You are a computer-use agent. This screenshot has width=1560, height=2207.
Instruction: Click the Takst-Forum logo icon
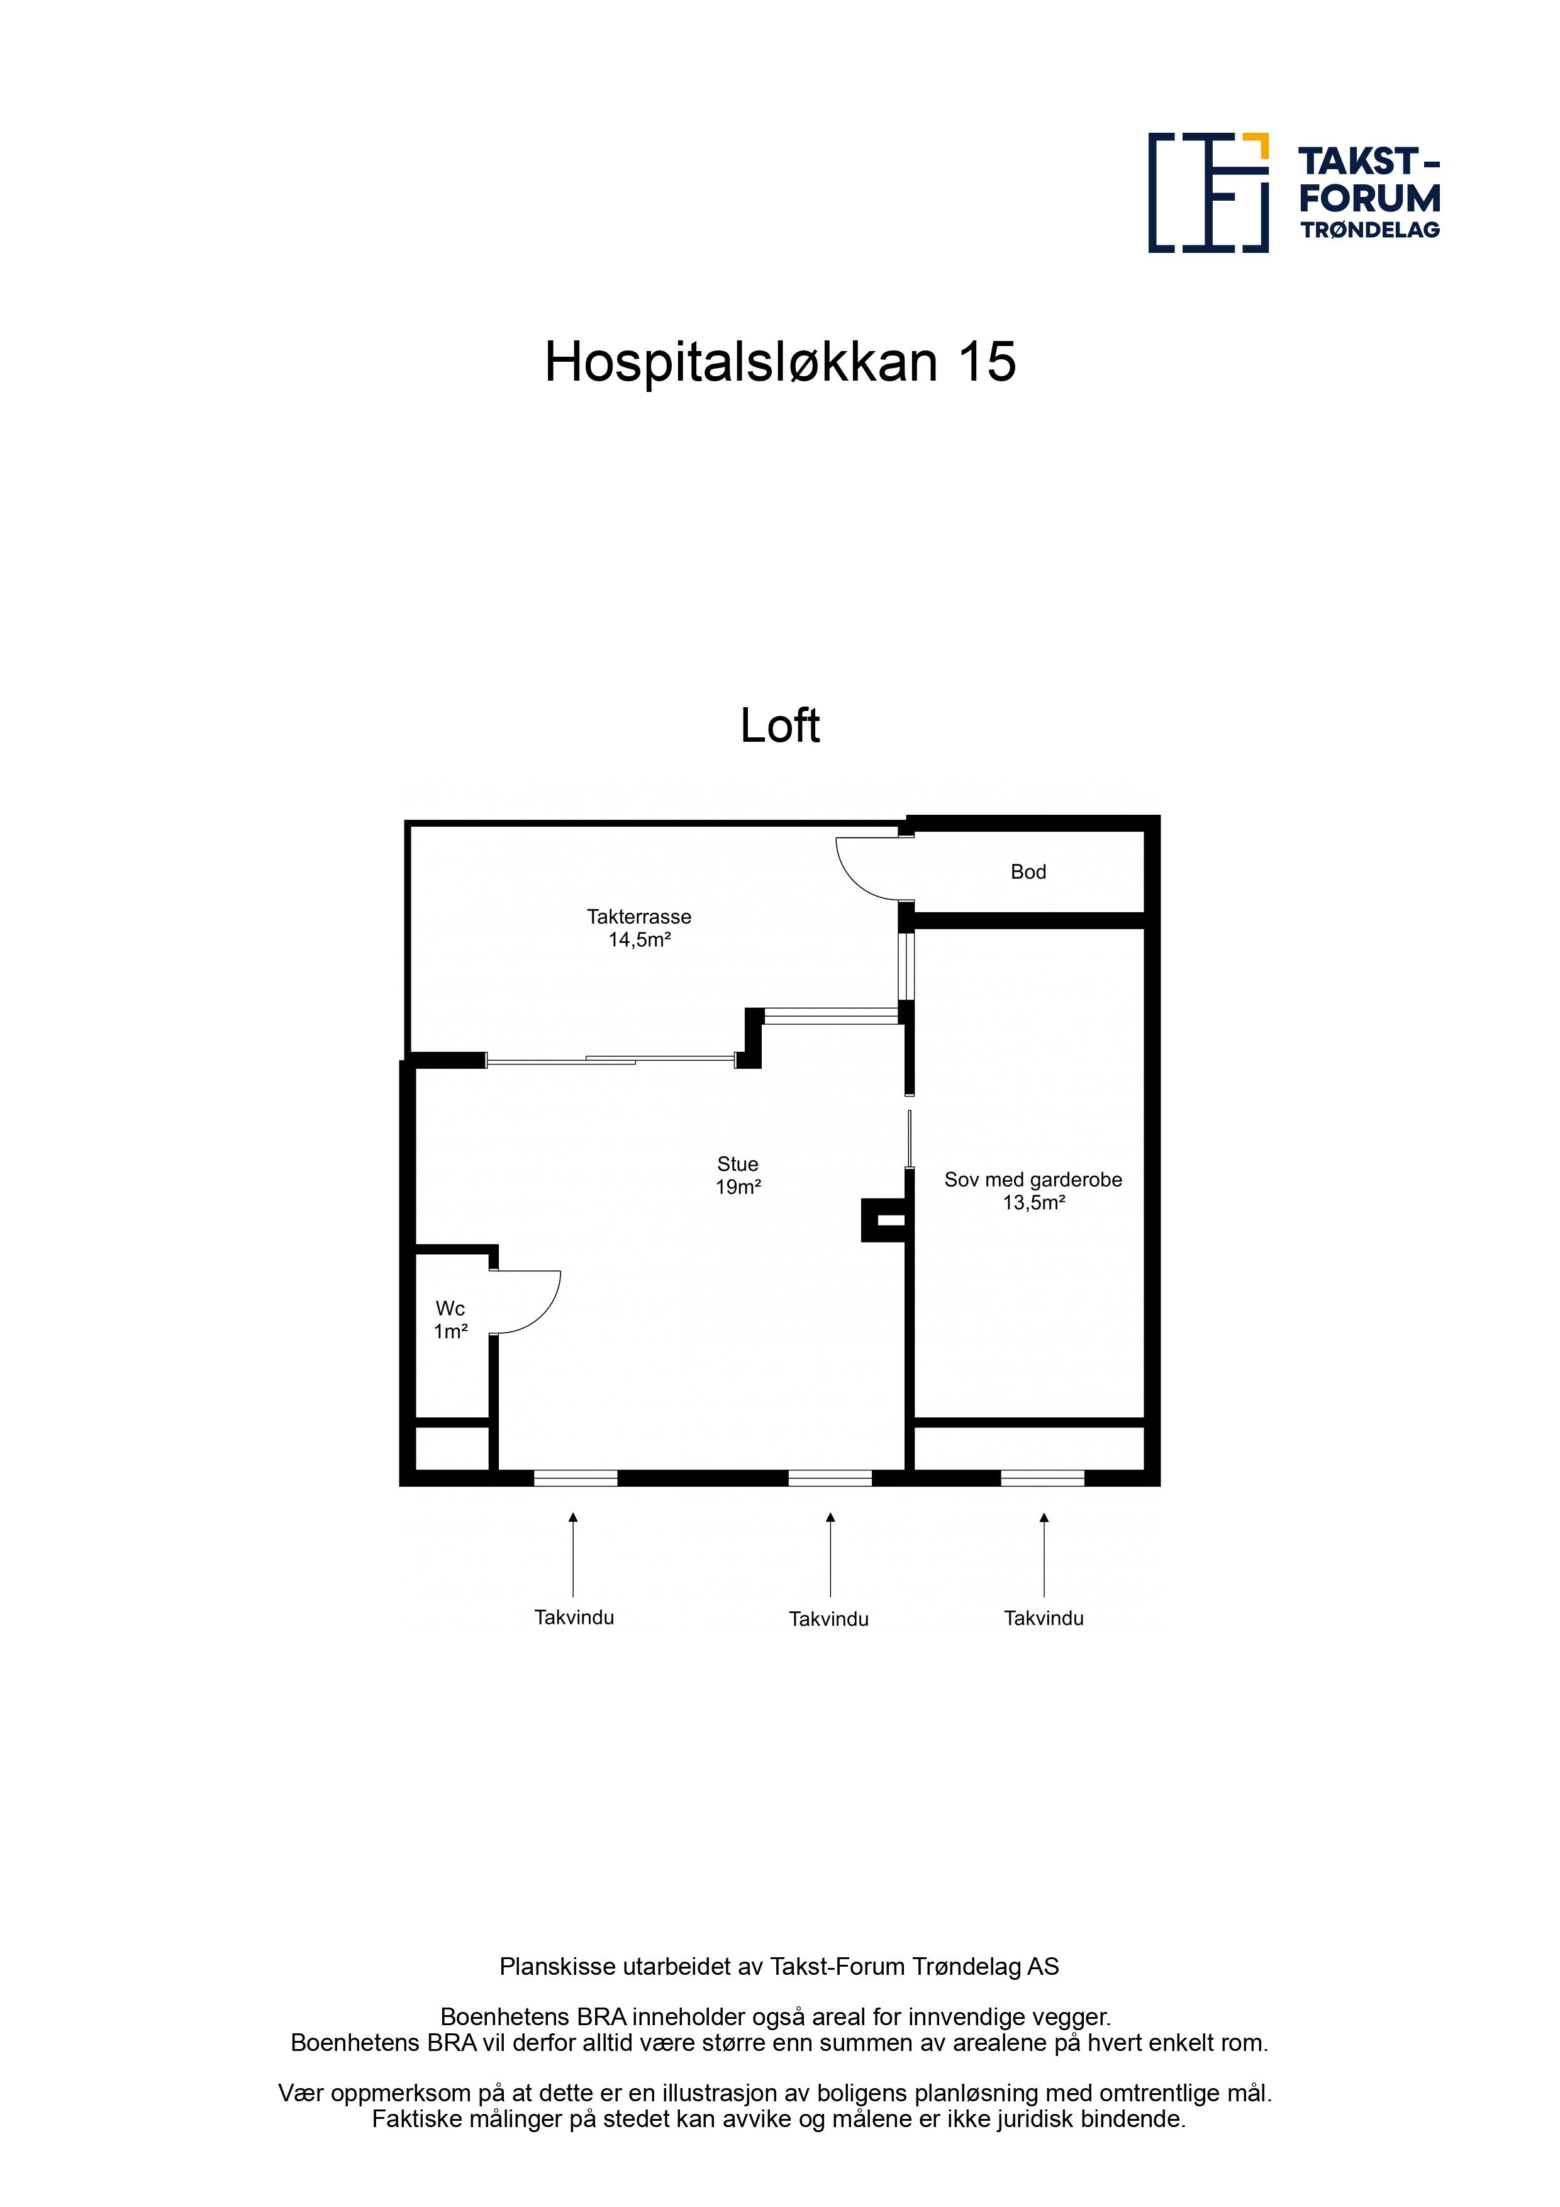pos(1208,193)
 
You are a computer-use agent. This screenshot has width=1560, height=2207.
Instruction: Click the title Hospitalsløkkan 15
pos(779,362)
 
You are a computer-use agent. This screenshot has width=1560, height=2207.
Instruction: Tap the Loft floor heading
pos(779,726)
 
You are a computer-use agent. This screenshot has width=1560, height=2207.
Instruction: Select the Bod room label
pos(1028,872)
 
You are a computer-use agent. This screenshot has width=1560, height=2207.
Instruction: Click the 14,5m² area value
pos(639,940)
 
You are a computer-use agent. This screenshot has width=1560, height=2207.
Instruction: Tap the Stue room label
pos(737,1164)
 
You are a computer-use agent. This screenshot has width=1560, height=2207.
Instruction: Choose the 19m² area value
pos(738,1187)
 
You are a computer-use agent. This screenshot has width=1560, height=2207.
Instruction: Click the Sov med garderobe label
pos(1033,1180)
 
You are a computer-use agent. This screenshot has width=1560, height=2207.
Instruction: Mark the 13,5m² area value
pos(1034,1202)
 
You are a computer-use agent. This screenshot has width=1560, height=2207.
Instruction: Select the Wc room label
pos(450,1308)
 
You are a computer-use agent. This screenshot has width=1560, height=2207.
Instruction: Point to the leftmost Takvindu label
pos(574,1618)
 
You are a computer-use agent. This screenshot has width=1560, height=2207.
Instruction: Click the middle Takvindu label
pos(828,1619)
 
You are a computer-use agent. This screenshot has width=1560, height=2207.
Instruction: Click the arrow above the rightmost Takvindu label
pos(1044,1555)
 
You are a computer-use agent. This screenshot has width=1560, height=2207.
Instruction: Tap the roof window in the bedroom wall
pos(1043,1478)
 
